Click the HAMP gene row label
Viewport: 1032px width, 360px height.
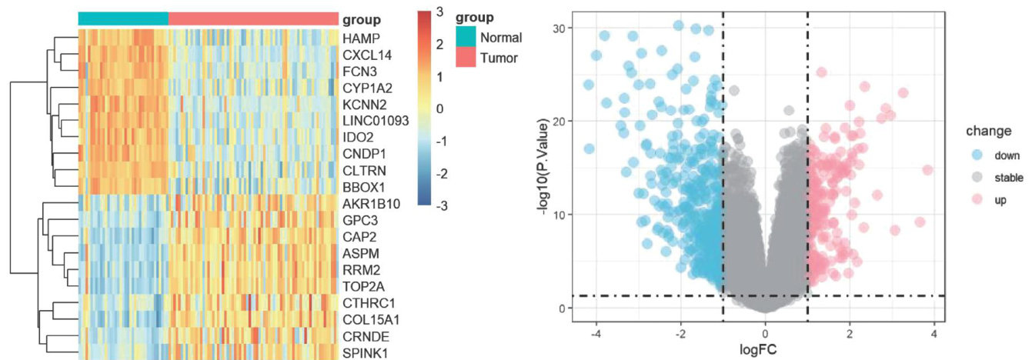click(359, 38)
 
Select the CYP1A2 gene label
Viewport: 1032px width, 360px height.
click(367, 87)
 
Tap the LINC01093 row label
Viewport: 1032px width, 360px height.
click(376, 120)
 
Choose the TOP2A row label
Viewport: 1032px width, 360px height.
click(362, 285)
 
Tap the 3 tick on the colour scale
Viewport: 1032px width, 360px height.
click(439, 12)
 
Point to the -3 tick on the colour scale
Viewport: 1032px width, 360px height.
click(436, 206)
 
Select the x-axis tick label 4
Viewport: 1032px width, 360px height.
click(933, 335)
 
